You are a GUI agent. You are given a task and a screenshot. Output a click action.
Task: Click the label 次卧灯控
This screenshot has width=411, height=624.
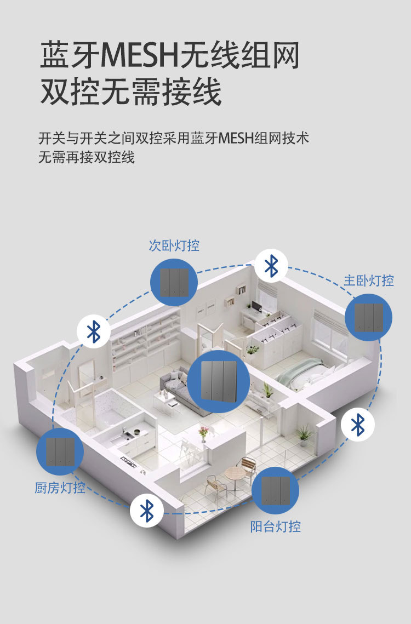[x=174, y=246]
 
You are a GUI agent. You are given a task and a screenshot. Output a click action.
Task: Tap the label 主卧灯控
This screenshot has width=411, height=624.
[x=369, y=280]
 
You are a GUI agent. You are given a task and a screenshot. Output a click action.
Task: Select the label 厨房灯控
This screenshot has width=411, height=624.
[x=60, y=487]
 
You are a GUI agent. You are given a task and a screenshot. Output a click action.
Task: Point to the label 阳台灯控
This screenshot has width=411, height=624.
[x=276, y=527]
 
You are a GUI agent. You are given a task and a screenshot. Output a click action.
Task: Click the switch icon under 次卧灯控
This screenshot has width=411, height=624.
[x=174, y=282]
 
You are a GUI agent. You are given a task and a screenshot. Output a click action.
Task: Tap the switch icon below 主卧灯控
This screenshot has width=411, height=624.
[x=368, y=317]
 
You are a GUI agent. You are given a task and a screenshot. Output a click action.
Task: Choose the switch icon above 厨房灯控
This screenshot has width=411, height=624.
[x=60, y=452]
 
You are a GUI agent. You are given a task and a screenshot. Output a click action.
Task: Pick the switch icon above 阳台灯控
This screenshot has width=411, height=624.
[x=275, y=490]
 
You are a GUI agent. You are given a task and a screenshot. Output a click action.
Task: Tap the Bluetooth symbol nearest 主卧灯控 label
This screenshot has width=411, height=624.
[x=271, y=266]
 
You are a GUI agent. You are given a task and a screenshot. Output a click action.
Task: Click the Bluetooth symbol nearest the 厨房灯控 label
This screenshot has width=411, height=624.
[x=146, y=511]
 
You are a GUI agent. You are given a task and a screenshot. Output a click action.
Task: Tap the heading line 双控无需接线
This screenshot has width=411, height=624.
[x=131, y=91]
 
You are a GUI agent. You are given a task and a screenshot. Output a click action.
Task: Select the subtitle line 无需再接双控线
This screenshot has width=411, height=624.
[x=87, y=158]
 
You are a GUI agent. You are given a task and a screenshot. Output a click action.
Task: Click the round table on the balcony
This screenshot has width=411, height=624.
[x=235, y=472]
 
